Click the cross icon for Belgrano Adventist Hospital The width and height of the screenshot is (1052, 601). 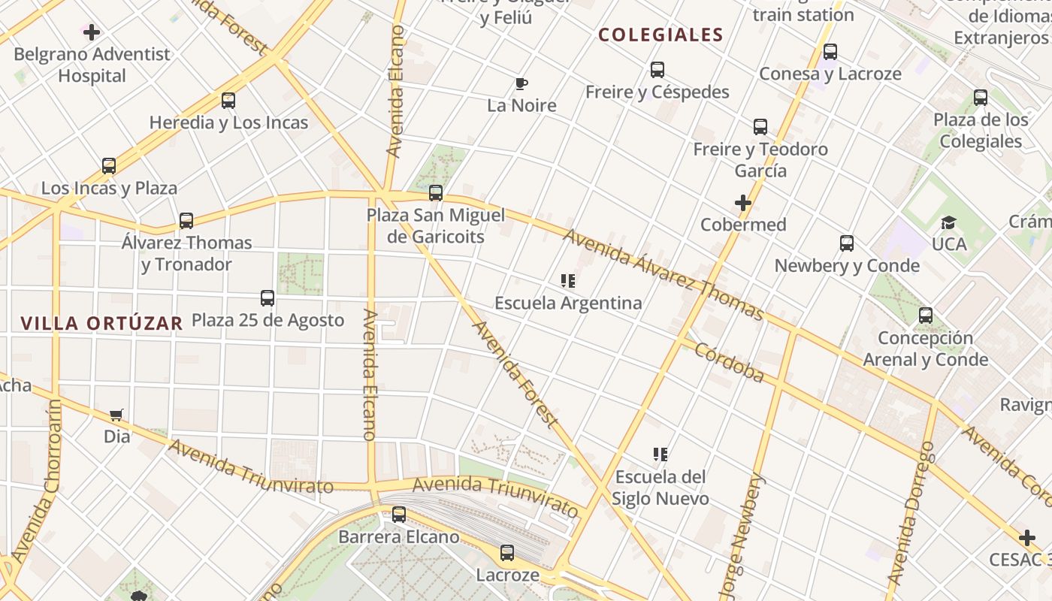pyautogui.click(x=92, y=32)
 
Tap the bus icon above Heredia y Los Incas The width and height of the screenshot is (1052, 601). pyautogui.click(x=228, y=101)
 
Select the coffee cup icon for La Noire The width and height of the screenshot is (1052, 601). pyautogui.click(x=521, y=83)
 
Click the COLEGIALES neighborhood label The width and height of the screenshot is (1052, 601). pyautogui.click(x=661, y=35)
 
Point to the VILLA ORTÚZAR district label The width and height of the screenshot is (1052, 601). pyautogui.click(x=101, y=323)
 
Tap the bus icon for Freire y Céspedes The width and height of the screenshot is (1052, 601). pyautogui.click(x=657, y=70)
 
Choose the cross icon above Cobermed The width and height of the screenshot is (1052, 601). pyautogui.click(x=743, y=203)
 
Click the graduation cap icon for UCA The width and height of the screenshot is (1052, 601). pyautogui.click(x=948, y=223)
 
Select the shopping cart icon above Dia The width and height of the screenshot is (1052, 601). pyautogui.click(x=116, y=415)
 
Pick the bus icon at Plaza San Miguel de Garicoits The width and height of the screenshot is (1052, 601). pyautogui.click(x=436, y=194)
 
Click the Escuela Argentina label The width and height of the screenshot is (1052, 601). pyautogui.click(x=568, y=303)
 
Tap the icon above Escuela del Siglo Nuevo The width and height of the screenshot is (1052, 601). pyautogui.click(x=661, y=455)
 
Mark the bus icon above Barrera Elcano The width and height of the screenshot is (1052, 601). pyautogui.click(x=399, y=515)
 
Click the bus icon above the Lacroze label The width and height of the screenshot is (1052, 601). pyautogui.click(x=507, y=554)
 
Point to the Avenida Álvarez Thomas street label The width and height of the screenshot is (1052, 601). pyautogui.click(x=663, y=274)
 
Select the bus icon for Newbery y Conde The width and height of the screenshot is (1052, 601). pyautogui.click(x=847, y=243)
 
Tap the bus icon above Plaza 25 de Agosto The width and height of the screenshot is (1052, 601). pyautogui.click(x=268, y=298)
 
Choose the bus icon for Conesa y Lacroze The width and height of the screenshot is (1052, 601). pyautogui.click(x=830, y=52)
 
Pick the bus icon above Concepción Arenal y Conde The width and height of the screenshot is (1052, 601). pyautogui.click(x=926, y=316)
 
